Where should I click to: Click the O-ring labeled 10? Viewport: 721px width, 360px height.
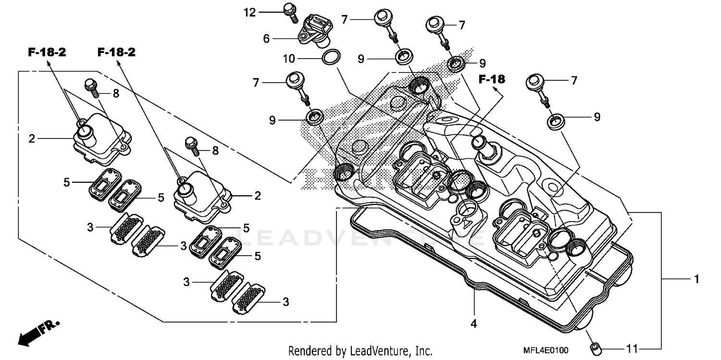click(331, 58)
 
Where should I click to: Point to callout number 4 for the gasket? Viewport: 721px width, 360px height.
click(473, 324)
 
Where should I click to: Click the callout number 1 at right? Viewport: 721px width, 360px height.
click(696, 279)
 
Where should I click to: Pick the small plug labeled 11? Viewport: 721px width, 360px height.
click(595, 347)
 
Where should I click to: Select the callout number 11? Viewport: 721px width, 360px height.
click(631, 348)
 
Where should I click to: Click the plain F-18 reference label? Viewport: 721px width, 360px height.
click(492, 79)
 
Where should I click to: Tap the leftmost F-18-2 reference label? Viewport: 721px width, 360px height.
click(47, 53)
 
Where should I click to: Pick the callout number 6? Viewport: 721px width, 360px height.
click(266, 39)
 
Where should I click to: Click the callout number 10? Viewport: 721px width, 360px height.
click(288, 59)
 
